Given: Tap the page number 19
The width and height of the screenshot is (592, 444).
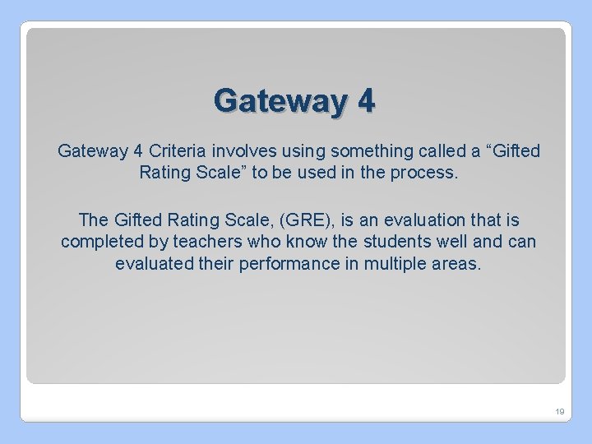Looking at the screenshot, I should [558, 411].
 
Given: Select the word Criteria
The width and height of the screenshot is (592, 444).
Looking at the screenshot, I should [179, 151].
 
